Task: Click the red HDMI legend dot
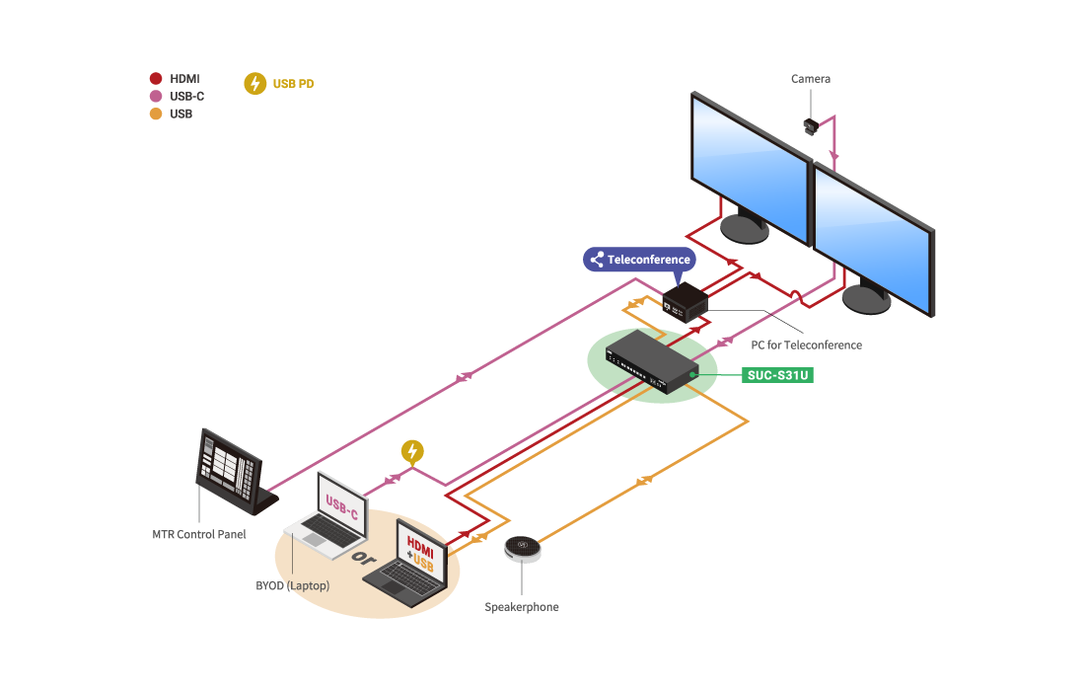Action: point(155,79)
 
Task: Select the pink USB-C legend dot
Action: point(155,97)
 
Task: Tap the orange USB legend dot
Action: point(155,114)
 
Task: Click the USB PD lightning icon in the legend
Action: point(254,84)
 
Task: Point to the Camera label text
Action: point(811,79)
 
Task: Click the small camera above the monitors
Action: point(811,125)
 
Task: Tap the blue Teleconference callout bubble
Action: point(640,260)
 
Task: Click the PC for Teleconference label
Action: point(807,345)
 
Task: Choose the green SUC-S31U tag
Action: point(778,375)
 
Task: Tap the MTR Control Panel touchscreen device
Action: point(231,472)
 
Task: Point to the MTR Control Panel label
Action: point(198,534)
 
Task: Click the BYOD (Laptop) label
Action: point(292,585)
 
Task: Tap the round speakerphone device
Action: point(524,548)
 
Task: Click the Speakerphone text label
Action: point(522,607)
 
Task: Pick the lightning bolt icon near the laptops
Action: point(413,452)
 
